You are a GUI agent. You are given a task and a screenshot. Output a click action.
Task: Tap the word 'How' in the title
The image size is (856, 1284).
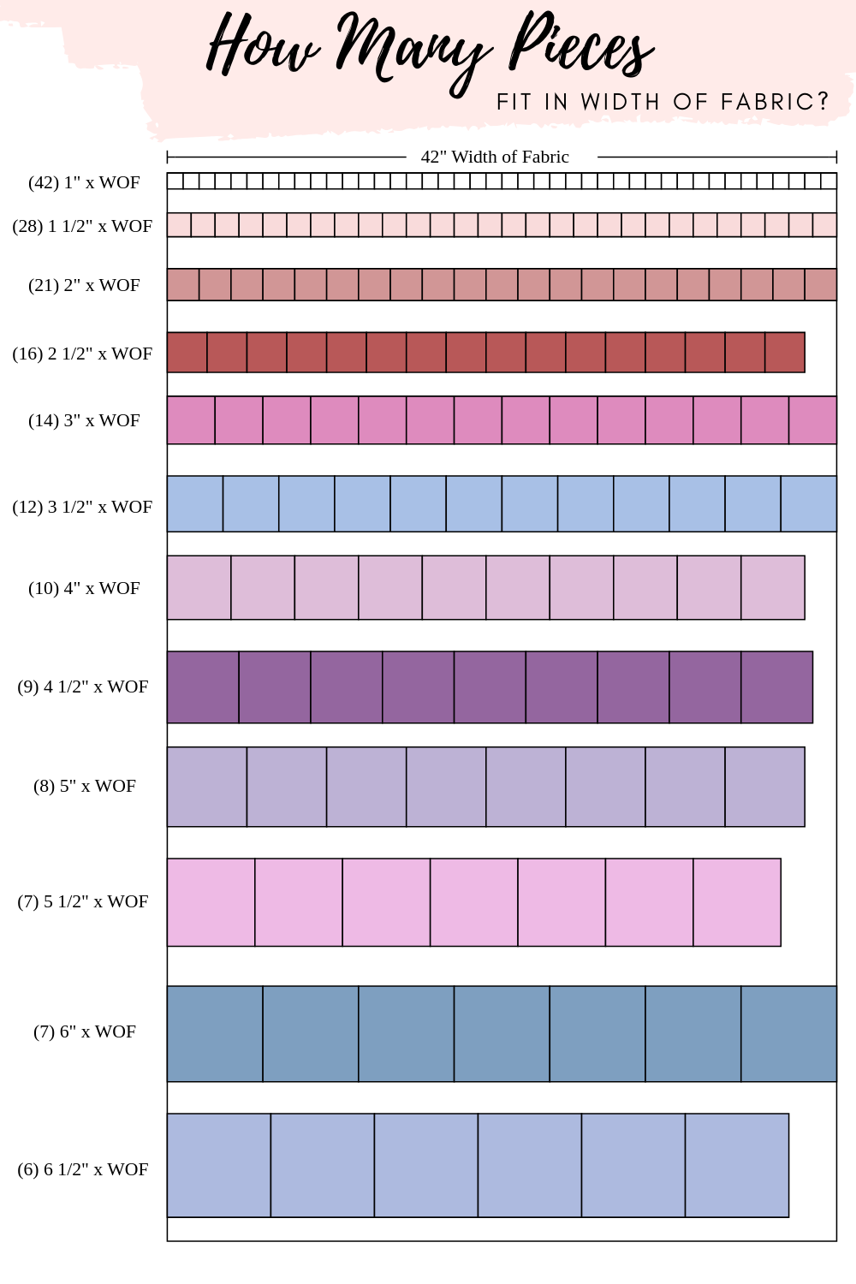tap(261, 47)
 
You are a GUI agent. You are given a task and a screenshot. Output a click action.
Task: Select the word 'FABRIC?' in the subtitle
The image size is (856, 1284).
tap(775, 102)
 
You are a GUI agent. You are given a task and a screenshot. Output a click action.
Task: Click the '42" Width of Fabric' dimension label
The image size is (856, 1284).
tap(495, 157)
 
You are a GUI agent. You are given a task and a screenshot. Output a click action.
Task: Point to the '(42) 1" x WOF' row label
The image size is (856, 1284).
tap(84, 182)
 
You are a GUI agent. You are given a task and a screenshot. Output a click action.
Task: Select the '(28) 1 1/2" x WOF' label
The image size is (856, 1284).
tap(82, 226)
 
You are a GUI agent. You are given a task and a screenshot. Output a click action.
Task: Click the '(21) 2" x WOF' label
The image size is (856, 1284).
tap(84, 285)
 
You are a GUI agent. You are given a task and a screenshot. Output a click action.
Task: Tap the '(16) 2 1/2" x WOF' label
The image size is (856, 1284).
tap(82, 354)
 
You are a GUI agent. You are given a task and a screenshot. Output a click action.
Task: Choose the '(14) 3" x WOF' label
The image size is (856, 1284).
tap(84, 420)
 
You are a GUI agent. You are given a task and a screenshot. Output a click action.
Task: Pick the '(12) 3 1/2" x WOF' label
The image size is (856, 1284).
tap(82, 507)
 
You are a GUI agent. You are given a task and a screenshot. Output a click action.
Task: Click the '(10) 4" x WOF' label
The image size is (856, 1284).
tap(84, 588)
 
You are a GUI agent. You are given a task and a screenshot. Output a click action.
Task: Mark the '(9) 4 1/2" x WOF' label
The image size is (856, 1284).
tap(83, 687)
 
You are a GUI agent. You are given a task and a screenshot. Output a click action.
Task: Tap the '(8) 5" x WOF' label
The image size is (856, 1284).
tap(85, 786)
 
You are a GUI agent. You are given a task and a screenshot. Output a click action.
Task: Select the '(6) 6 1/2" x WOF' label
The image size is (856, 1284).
tap(83, 1169)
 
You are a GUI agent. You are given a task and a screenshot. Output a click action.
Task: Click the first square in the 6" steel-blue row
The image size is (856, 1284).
tap(215, 1034)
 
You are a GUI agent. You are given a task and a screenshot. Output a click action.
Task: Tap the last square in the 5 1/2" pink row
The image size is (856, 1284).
tap(737, 902)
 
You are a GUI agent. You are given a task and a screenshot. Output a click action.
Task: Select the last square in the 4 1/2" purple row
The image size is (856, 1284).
tap(776, 687)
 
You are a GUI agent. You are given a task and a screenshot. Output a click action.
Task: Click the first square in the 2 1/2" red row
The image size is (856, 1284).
tap(187, 353)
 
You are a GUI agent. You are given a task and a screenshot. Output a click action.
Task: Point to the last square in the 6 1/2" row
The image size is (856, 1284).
tap(737, 1165)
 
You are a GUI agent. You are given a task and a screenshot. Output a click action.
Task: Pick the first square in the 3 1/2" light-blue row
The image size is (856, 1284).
tap(195, 504)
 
